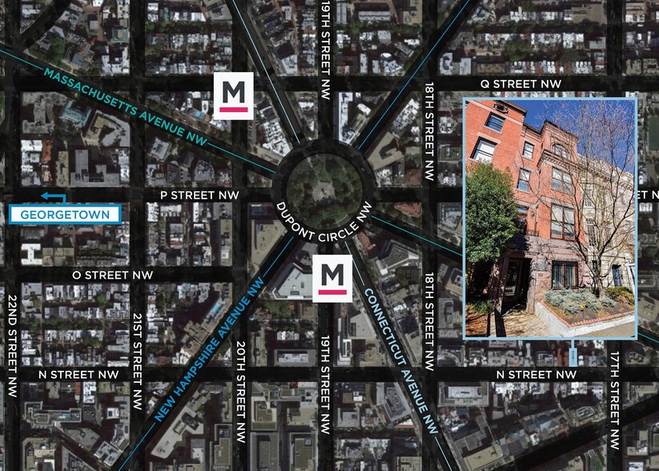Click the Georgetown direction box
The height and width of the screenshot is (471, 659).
pos(64,215)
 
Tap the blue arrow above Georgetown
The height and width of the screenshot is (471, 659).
pos(53,197)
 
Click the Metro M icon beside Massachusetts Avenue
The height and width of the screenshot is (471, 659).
pos(233,96)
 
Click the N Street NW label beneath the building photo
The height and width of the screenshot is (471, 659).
pos(536,374)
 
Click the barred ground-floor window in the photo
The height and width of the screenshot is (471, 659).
pos(564,273)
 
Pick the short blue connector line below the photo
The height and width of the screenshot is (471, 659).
pos(573,355)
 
